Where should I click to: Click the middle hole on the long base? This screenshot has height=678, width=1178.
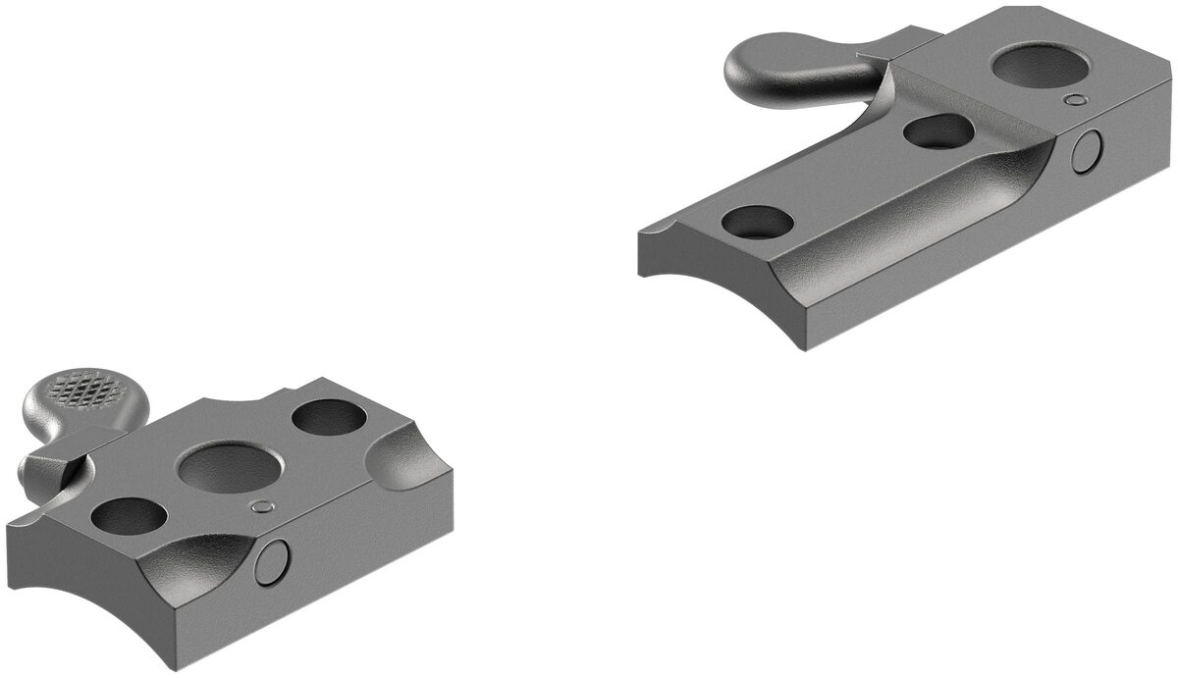coord(937,130)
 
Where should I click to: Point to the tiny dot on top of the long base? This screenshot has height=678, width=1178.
coord(1077,99)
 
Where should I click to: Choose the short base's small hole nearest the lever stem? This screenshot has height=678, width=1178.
coord(129,516)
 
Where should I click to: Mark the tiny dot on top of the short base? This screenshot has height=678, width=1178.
coord(261,506)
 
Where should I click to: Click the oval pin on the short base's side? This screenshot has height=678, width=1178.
coord(273,561)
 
